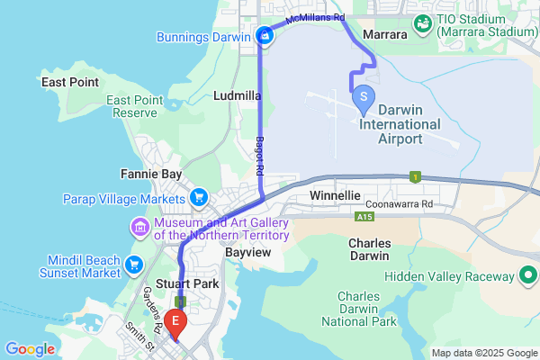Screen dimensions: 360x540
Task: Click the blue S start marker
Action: click(x=362, y=94)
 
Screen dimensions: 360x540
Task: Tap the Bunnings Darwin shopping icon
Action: click(x=265, y=36)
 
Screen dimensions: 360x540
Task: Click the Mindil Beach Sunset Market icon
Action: click(x=135, y=265)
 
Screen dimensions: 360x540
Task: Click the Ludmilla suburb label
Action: click(x=238, y=94)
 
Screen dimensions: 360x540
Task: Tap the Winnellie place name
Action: click(x=335, y=195)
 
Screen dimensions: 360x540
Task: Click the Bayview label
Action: click(x=247, y=255)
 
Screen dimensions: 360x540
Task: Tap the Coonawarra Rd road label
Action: click(x=426, y=204)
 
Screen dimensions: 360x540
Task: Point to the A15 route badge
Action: click(x=364, y=217)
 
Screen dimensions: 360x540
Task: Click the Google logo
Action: click(x=30, y=348)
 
